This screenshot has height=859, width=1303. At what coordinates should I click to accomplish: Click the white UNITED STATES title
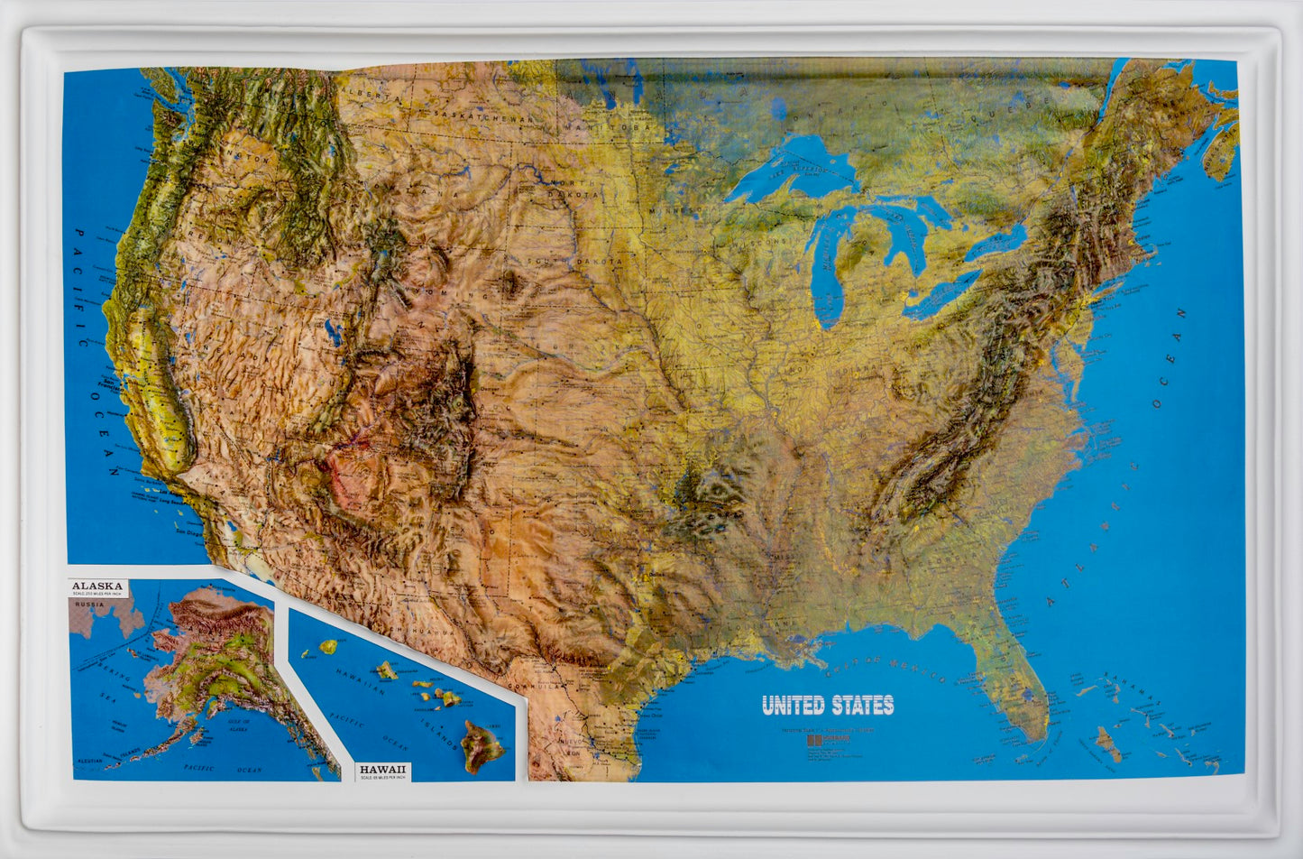click(x=828, y=705)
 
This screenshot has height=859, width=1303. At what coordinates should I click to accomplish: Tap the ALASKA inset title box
click(x=98, y=588)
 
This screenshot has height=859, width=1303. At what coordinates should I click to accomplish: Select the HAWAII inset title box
click(x=383, y=771)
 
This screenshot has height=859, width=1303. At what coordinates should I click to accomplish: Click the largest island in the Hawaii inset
click(x=482, y=745)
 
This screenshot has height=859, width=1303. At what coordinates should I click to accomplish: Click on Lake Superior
click(x=794, y=167)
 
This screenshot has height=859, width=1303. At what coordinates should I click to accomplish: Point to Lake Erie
click(x=942, y=294)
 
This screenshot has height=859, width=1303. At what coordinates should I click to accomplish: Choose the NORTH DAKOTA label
click(x=574, y=187)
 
